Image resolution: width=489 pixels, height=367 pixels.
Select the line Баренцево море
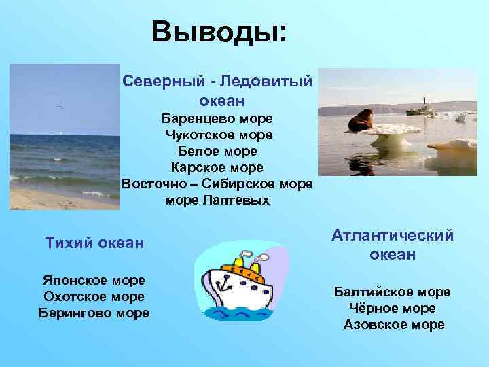coord(217,118)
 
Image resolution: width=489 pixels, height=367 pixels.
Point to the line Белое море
coord(217,151)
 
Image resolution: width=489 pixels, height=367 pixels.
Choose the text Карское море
coord(217,167)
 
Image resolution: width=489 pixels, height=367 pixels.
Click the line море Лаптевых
coord(217,200)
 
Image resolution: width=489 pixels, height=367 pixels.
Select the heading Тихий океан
coord(94,243)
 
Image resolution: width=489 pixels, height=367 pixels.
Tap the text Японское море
coord(94,281)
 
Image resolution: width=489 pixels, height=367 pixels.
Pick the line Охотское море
coord(94,296)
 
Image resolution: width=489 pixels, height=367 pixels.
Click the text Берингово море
coord(94,313)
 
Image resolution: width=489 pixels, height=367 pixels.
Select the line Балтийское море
coord(393,292)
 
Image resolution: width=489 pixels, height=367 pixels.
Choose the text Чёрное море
coord(393,309)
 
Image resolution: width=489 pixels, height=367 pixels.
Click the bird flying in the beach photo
coord(60,108)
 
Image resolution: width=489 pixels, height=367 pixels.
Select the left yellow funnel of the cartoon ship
coord(238,261)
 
